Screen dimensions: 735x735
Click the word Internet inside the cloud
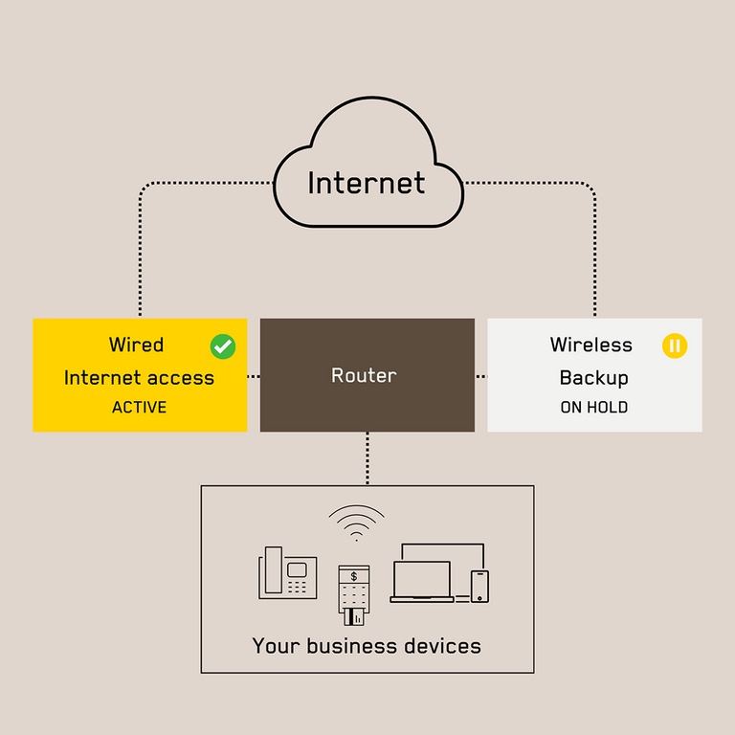[367, 183]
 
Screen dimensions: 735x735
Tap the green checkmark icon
[223, 346]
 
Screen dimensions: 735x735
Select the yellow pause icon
[675, 345]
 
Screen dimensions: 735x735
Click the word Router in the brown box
[364, 376]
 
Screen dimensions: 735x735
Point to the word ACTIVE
[139, 408]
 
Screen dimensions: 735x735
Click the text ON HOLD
[593, 408]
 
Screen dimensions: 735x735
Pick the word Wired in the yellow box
[136, 345]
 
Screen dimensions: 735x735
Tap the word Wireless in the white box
[590, 345]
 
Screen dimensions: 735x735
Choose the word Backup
[593, 377]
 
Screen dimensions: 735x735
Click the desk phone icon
[288, 573]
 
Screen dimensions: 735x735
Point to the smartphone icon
[479, 586]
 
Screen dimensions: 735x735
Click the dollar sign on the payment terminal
[354, 576]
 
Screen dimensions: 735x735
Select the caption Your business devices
[367, 646]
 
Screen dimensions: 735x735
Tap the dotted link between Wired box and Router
[254, 376]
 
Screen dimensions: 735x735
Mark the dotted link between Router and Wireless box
[481, 376]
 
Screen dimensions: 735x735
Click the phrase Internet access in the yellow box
[139, 377]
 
